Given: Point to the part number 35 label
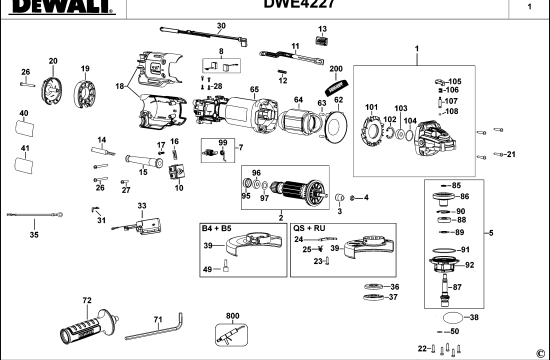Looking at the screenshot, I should coord(33,235).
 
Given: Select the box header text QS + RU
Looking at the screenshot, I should coord(308,228).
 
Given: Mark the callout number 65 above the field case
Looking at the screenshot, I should coord(255,90).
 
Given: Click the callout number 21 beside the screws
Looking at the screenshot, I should coord(511,154).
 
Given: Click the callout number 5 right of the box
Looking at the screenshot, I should coord(518,234).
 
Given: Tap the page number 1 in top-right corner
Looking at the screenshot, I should coord(528,7).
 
